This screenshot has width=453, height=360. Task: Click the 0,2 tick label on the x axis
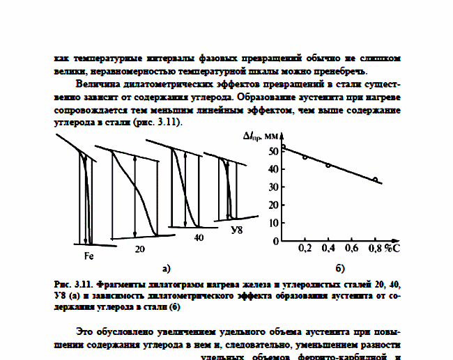[x=305, y=248]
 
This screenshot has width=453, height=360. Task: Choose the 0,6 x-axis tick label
[x=351, y=248]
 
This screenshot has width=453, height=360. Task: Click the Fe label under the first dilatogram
[x=89, y=256]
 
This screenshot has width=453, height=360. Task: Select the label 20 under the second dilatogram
[x=139, y=249]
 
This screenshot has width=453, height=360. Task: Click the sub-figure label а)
[x=166, y=267]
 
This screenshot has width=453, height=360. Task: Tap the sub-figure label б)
[x=341, y=267]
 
